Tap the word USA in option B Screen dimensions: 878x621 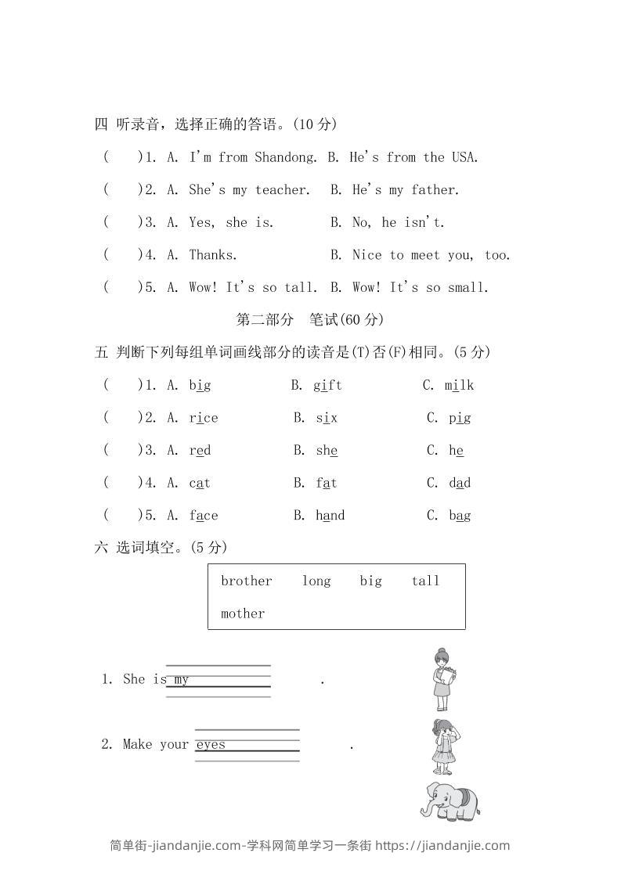(464, 157)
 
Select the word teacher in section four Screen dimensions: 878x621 (282, 190)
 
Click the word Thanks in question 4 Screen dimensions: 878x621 (212, 255)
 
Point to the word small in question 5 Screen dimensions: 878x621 (468, 288)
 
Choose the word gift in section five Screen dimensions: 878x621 (327, 385)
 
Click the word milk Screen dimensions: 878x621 (459, 385)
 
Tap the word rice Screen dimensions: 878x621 (204, 418)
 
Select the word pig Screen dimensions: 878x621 (460, 418)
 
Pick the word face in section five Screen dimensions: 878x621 (204, 516)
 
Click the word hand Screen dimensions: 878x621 (330, 516)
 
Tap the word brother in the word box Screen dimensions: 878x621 (246, 581)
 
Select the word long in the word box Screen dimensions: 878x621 (316, 581)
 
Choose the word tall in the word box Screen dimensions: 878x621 (425, 581)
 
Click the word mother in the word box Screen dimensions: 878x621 (243, 614)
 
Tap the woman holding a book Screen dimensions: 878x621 (444, 678)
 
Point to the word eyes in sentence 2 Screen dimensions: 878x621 (211, 744)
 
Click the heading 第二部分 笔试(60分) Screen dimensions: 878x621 (310, 319)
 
